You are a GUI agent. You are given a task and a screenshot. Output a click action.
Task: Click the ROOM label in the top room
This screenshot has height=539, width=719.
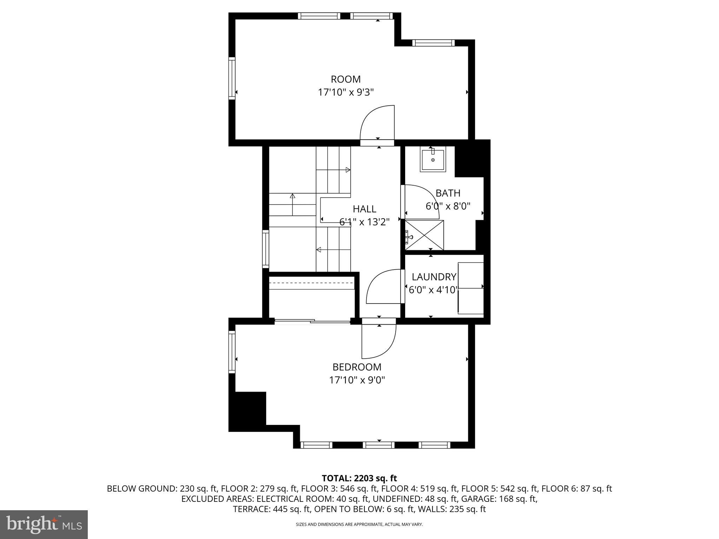345,79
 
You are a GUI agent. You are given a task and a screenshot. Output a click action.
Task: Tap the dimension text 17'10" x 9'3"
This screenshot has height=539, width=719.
345,93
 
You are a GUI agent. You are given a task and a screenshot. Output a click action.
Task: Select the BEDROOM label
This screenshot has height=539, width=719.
357,367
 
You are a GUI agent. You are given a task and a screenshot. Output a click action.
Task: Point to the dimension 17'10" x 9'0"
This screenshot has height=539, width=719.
357,380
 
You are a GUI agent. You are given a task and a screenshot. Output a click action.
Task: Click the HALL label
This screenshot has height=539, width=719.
364,209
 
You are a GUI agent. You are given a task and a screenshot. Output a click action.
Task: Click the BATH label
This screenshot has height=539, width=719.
448,193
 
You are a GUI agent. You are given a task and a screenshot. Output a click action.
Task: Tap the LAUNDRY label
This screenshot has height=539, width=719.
434,277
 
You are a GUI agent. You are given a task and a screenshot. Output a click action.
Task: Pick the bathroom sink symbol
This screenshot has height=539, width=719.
433,160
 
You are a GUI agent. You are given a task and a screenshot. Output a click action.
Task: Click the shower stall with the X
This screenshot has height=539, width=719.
424,235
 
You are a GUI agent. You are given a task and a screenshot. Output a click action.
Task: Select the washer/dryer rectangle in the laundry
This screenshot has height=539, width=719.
471,288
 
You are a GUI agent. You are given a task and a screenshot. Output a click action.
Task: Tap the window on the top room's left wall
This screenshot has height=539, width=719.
232,78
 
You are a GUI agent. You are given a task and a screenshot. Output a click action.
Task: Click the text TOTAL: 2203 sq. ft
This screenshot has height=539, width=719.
359,478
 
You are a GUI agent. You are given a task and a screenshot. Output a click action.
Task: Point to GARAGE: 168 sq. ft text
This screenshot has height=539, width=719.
499,499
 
